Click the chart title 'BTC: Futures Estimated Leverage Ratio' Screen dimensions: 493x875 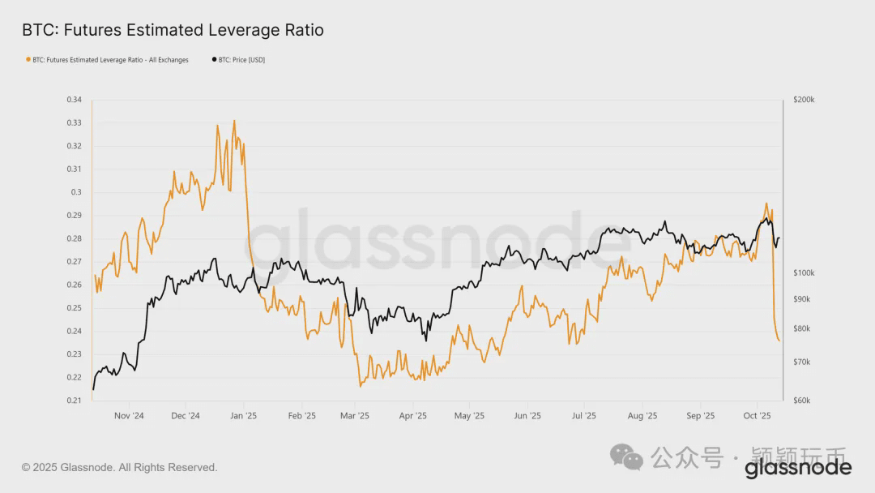(172, 30)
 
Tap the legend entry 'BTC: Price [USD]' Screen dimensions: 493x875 (241, 59)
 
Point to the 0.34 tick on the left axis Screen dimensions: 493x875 (74, 100)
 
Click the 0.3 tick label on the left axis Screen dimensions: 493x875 (76, 192)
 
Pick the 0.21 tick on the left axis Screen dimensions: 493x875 (74, 401)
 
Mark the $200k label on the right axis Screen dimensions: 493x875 (804, 100)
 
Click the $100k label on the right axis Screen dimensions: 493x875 (804, 273)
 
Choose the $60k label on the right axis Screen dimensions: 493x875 (802, 401)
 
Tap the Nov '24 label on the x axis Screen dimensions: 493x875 (129, 416)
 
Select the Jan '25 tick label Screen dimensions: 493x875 (243, 416)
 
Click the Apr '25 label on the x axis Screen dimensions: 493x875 (413, 416)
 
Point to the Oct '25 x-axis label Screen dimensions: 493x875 (757, 416)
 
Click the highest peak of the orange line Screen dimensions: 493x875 (234, 121)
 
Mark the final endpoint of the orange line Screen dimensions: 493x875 (779, 341)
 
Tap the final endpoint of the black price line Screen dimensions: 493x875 (779, 238)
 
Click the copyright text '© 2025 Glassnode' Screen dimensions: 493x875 (120, 468)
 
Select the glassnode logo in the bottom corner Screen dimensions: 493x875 (798, 468)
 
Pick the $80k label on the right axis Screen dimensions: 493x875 (802, 328)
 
